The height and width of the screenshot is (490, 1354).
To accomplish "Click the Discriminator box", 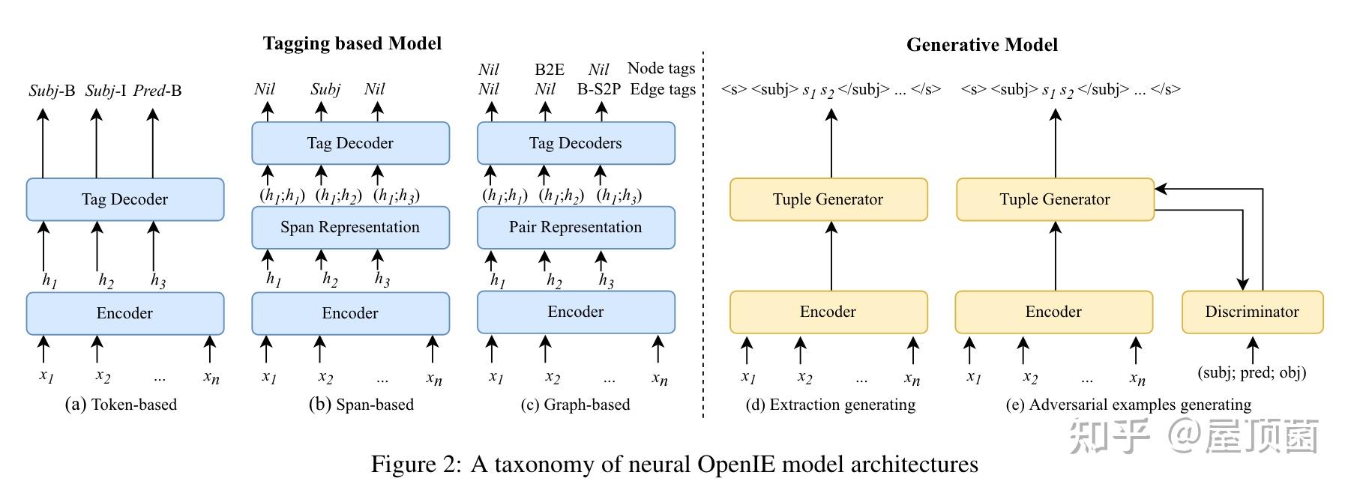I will pos(1252,312).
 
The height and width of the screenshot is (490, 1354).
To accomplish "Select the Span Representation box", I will pos(350,227).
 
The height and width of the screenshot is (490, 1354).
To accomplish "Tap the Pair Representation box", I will pos(576,227).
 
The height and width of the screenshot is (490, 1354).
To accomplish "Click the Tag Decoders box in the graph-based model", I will pos(576,143).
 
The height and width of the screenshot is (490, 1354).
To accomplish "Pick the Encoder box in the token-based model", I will pos(124,313).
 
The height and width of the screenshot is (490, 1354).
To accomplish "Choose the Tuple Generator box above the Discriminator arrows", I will pos(1055,199).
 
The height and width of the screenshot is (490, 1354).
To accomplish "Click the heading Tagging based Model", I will pos(352,43).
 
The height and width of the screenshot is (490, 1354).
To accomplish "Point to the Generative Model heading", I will pos(982,45).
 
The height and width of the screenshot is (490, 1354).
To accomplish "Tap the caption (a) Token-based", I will pos(121,405).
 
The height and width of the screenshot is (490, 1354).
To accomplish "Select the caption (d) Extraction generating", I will pos(831,405).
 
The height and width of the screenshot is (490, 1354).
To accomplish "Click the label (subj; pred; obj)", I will pos(1252,372).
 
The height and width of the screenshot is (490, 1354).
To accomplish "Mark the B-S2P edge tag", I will pos(599,89).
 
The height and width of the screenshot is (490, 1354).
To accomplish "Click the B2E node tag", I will pos(550,70).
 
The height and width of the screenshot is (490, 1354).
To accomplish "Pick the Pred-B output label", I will pos(157,91).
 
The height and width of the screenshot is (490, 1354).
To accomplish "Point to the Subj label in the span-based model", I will pos(325,89).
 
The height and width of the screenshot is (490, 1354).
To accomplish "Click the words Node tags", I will pos(661,69).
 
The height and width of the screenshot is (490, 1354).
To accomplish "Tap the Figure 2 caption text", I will pos(675,465).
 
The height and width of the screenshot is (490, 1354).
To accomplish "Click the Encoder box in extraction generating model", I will pos(828,312).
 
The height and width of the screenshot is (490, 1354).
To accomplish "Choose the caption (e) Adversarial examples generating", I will pos(1128,405).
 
